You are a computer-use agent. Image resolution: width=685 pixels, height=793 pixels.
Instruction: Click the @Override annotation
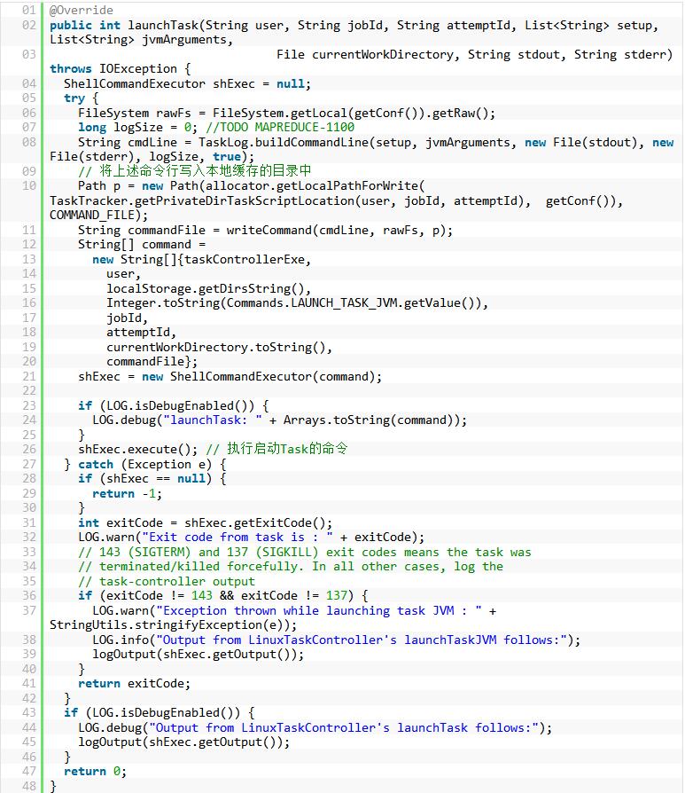click(82, 10)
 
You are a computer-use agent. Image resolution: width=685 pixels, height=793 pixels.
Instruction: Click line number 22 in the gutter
click(29, 390)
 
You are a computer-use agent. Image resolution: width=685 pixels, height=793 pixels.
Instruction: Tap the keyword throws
click(71, 69)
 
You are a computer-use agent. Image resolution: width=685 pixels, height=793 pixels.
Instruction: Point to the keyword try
click(74, 98)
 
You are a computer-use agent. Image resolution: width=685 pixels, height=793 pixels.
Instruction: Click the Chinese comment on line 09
click(194, 171)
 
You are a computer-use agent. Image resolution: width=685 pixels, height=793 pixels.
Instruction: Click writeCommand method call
click(269, 230)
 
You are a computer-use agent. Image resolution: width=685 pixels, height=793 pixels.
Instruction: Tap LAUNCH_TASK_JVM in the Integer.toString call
click(345, 303)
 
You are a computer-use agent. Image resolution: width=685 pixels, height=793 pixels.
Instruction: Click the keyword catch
click(96, 464)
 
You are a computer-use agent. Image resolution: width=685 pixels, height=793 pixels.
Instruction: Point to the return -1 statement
click(127, 493)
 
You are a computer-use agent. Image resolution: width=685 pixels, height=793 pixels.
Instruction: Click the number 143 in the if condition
click(202, 595)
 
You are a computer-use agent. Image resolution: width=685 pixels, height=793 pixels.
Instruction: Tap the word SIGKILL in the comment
click(287, 552)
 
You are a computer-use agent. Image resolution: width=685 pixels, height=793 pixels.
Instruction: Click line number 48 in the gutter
click(29, 786)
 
